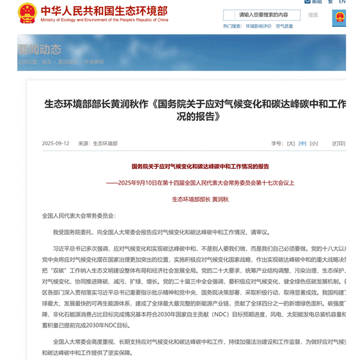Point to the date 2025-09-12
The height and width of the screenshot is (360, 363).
point(56,143)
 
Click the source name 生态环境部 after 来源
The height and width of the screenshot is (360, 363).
point(104,143)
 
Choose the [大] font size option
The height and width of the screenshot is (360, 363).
point(291,143)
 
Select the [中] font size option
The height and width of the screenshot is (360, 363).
point(302,143)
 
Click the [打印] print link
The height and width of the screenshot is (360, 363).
point(338,143)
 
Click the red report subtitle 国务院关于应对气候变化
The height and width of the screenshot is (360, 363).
point(200,167)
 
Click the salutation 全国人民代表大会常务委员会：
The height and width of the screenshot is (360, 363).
point(77,215)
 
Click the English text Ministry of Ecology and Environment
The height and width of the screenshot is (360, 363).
point(85,20)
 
